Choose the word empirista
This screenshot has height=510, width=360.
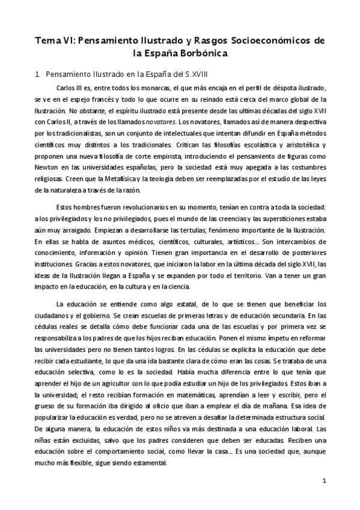tap(165, 156)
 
